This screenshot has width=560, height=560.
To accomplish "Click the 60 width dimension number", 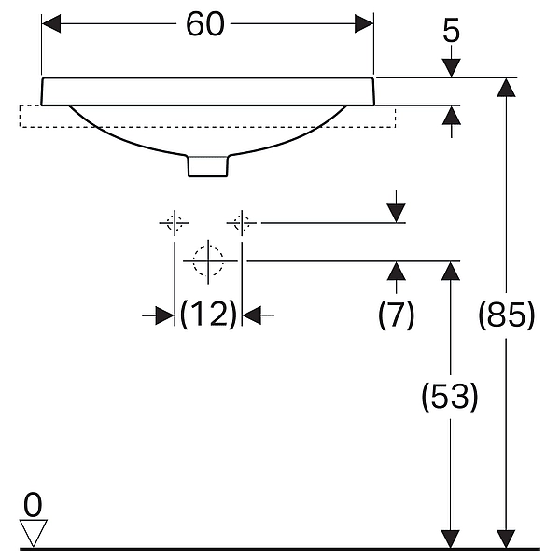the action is tap(205, 24).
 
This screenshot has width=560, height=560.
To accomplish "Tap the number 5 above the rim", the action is tap(451, 32).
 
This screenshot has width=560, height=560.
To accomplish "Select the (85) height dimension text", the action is tap(507, 315).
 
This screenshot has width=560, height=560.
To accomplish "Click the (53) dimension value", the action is tap(450, 397).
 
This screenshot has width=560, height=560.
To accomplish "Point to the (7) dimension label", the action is tap(396, 315).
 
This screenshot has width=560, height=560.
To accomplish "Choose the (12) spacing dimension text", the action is tap(208, 315).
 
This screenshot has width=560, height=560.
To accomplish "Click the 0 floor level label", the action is tap(33, 505).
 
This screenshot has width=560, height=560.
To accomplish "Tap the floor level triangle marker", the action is tap(33, 533).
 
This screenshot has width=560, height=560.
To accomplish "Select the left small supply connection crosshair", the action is tap(175, 223).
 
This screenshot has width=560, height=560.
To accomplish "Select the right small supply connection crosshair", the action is tap(242, 223).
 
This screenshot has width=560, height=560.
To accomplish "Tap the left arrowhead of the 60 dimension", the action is tap(51, 24).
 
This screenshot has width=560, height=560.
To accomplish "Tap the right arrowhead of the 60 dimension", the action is tap(364, 24).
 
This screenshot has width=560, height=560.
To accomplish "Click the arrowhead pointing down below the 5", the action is tap(452, 68).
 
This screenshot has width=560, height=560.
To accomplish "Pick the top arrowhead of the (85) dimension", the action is tap(506, 88).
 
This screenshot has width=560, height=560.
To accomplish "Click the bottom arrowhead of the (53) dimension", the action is tap(450, 539).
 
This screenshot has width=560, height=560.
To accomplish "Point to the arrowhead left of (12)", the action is tap(165, 315).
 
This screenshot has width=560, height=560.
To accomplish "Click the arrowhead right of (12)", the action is tap(251, 315).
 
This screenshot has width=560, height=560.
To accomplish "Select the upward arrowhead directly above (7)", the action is tap(396, 271).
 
